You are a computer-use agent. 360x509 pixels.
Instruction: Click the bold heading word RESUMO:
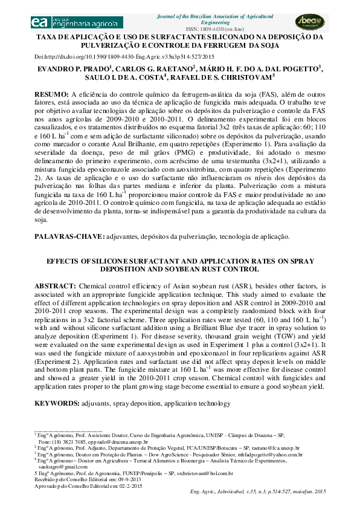pos(51,95)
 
